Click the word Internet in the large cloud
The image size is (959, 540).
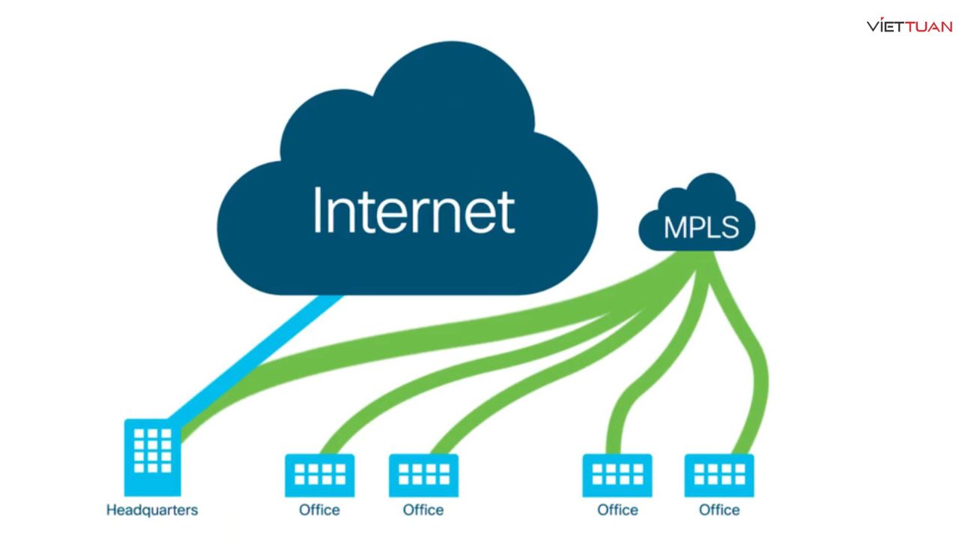414,211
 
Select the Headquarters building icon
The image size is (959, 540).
153,456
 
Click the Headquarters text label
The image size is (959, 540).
152,510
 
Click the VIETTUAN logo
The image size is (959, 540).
910,25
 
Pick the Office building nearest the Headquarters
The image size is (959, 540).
320,475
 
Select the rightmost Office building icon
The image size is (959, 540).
719,475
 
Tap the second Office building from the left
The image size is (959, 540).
423,475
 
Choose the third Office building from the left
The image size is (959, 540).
617,475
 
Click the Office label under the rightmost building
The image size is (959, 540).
719,510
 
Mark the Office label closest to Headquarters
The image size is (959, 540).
319,510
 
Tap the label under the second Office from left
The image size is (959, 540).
423,510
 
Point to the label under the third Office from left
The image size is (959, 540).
617,510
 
